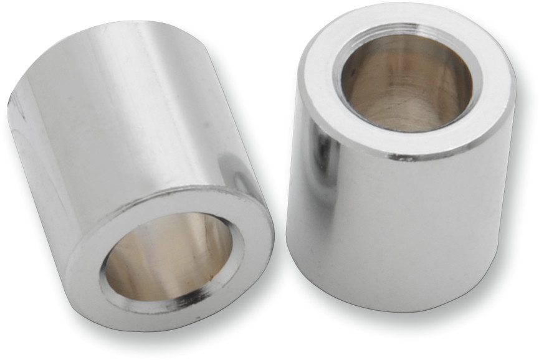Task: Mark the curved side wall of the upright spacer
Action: tap(399, 224)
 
